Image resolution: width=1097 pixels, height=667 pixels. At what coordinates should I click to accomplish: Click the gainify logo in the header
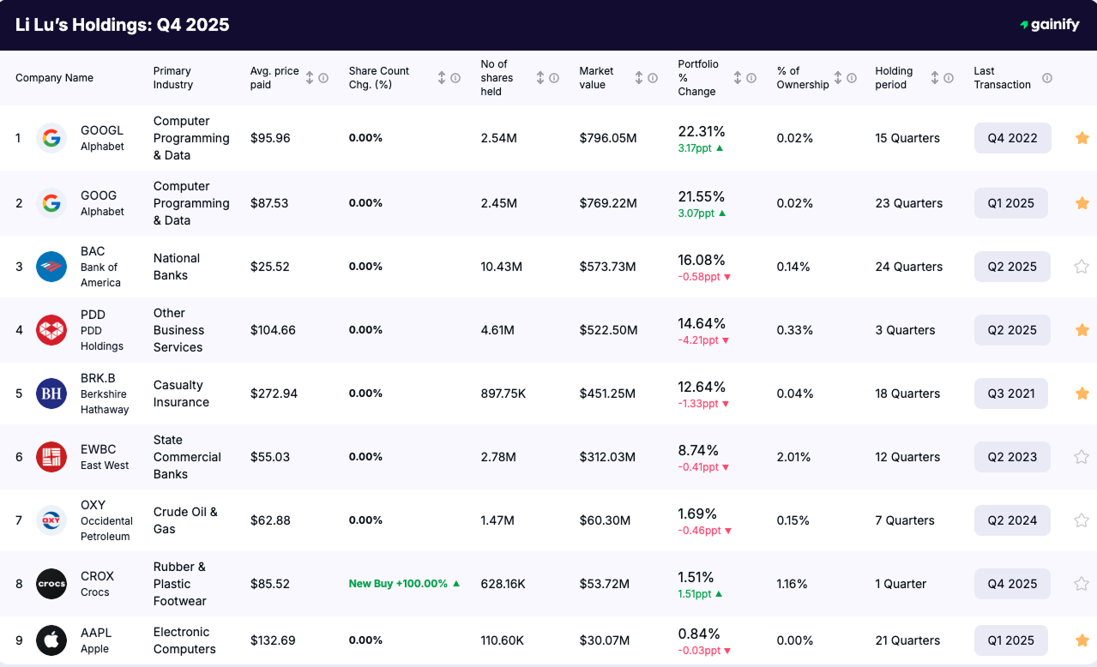1049,25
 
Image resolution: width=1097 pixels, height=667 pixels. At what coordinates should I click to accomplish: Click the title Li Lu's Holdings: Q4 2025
123,25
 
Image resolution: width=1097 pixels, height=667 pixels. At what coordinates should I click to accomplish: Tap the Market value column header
596,78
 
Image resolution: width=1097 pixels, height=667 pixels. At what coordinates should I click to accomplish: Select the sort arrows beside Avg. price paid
310,78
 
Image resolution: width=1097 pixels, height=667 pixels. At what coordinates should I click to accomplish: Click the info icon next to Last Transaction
1047,78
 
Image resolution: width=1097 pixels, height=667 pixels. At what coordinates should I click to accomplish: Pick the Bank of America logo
51,267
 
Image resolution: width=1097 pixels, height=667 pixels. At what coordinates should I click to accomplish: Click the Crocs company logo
51,584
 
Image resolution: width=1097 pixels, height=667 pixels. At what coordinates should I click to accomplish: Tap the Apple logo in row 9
51,640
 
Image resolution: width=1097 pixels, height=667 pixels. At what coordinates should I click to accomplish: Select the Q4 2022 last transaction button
1012,138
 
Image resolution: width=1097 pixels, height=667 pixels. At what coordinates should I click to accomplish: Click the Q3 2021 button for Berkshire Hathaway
1012,394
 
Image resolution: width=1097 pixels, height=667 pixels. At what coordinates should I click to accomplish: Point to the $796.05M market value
608,138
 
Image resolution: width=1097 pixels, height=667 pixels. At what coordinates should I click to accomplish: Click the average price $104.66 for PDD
273,330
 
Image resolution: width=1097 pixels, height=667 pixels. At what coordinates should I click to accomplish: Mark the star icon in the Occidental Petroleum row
1082,520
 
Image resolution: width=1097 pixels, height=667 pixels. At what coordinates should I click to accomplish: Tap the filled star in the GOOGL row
1082,138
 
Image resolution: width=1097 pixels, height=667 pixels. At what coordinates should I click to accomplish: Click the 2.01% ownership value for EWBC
793,457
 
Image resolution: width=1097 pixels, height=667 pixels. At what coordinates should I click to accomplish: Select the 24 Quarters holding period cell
908,267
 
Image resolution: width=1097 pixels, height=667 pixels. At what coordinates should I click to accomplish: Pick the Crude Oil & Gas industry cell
185,520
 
